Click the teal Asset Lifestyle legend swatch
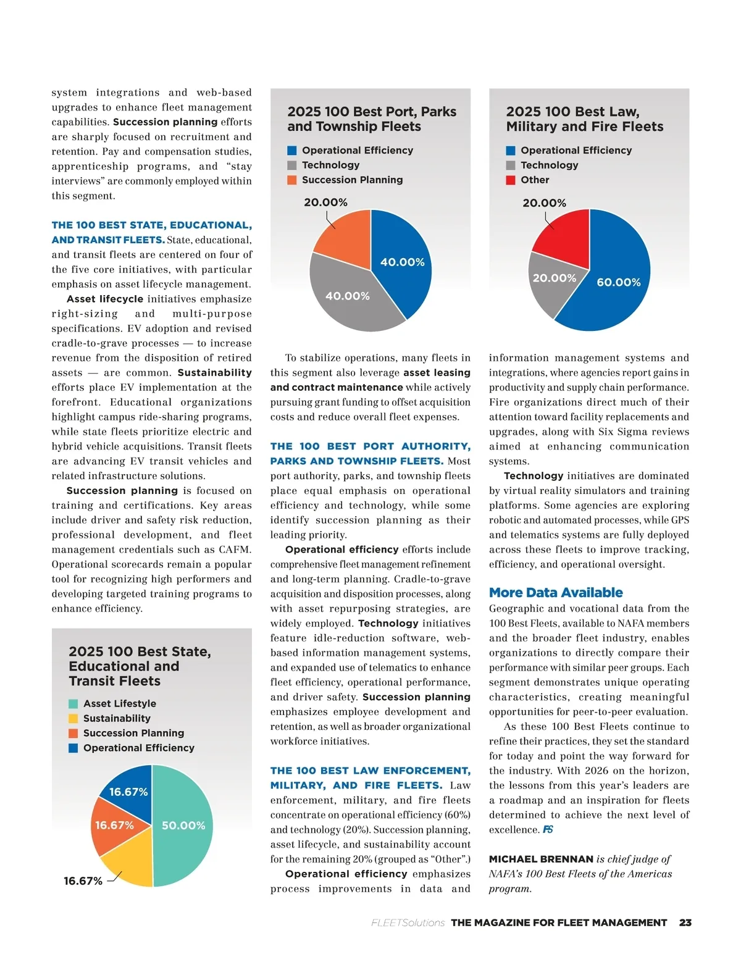coord(73,704)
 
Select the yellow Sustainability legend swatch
coord(73,719)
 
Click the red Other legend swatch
coord(511,180)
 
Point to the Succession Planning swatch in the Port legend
coord(292,180)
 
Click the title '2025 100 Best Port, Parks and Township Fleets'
coord(372,119)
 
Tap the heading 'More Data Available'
coord(556,593)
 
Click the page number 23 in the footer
coord(685,923)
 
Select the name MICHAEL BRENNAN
coord(541,860)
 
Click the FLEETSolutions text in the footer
coord(408,923)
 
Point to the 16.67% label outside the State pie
coord(83,881)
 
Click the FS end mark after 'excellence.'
coord(548,830)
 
